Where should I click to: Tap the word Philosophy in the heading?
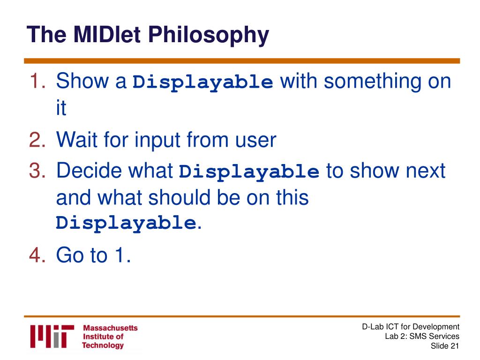click(209, 36)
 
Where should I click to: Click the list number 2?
click(37, 140)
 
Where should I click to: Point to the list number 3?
click(37, 170)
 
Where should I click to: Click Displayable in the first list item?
click(202, 82)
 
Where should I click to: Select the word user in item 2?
click(255, 141)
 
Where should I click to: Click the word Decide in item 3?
click(89, 170)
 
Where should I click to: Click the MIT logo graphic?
click(52, 336)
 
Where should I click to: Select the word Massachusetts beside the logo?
click(110, 328)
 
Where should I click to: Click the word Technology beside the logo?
click(103, 345)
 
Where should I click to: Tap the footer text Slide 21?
click(445, 346)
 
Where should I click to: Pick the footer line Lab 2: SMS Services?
click(422, 336)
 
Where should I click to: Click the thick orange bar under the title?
click(242, 61)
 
